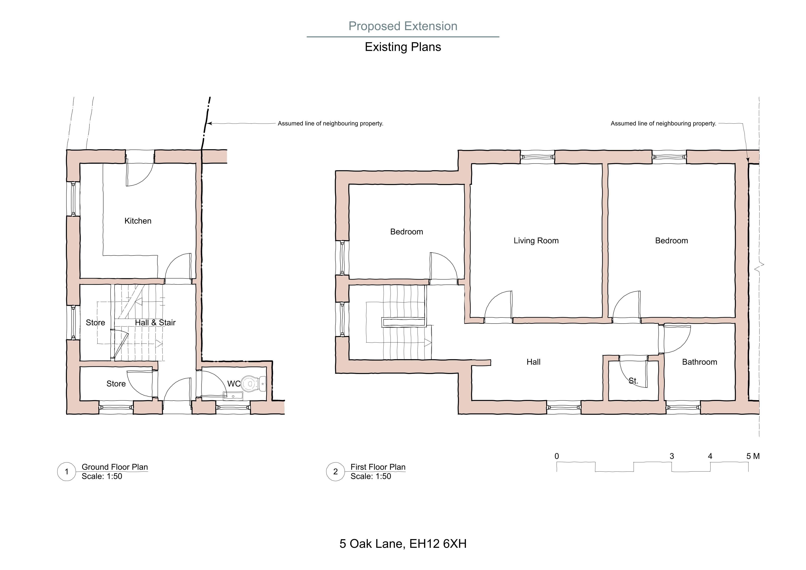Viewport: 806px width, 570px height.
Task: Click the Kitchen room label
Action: (138, 221)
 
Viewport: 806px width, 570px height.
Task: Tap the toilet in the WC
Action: (253, 384)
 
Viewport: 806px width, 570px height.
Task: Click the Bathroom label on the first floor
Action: (700, 362)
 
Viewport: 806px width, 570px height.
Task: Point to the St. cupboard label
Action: (633, 381)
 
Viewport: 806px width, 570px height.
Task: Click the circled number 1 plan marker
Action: (67, 472)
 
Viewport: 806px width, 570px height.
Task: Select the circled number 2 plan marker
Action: (336, 472)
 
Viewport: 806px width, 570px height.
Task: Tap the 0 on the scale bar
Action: (557, 456)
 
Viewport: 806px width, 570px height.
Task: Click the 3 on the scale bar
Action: (672, 456)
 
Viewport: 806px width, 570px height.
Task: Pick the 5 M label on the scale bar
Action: (753, 456)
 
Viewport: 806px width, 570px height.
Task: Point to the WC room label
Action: (234, 384)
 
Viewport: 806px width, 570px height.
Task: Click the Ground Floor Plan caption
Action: (115, 467)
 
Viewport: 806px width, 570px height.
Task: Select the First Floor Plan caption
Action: (378, 467)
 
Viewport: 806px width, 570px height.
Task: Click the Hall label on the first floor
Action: (534, 362)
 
